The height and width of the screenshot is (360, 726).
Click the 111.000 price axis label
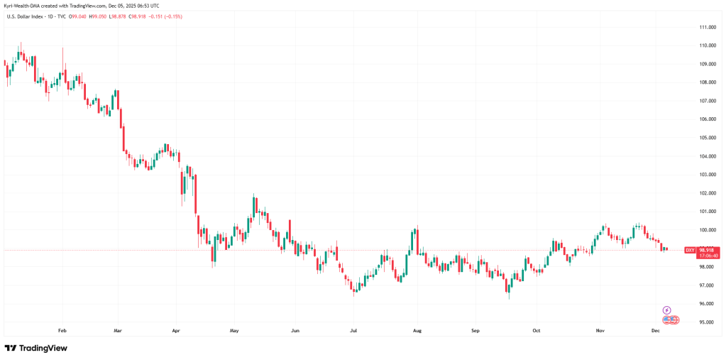[706, 27]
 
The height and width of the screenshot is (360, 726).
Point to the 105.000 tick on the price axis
[706, 138]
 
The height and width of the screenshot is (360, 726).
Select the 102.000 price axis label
[706, 193]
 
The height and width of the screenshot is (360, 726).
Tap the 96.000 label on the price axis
[706, 304]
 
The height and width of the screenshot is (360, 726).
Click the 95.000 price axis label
[706, 322]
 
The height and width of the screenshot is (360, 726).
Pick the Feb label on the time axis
[62, 331]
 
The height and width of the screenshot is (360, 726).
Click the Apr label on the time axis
[176, 331]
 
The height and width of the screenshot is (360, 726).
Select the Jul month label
[353, 331]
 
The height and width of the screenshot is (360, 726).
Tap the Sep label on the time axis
[475, 331]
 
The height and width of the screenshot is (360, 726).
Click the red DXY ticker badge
[689, 250]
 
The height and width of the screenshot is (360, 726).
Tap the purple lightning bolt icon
[667, 310]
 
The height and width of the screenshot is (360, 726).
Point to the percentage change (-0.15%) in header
[172, 16]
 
